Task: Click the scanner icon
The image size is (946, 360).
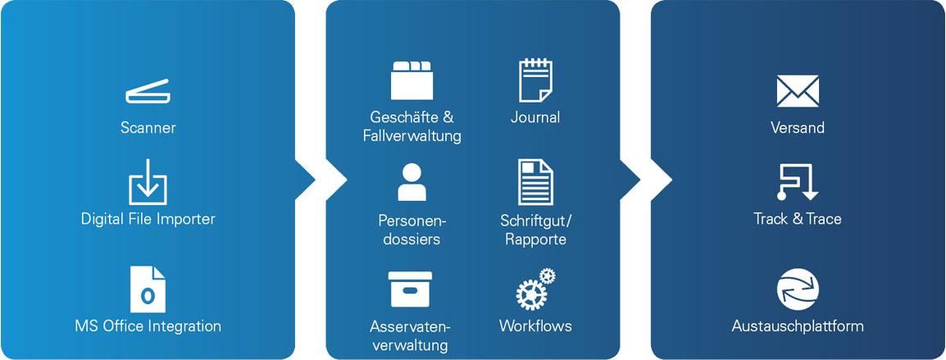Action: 148,92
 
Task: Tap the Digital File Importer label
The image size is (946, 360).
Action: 148,219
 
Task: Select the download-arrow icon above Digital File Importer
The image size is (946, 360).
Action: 148,182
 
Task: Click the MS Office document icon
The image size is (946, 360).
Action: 148,288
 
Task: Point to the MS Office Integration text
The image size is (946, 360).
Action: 148,326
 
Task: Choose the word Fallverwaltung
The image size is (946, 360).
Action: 412,136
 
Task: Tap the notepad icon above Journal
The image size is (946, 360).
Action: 535,80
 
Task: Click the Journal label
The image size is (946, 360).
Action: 535,117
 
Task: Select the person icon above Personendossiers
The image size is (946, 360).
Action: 412,183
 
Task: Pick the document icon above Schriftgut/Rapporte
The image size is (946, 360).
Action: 535,182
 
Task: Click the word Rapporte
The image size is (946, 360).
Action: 535,239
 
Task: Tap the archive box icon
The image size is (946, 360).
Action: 411,289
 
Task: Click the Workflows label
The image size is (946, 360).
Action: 535,326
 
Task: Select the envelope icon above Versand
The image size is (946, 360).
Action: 798,91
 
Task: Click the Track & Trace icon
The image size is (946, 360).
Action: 797,182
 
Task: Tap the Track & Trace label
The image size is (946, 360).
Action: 798,219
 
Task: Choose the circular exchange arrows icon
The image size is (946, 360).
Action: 798,289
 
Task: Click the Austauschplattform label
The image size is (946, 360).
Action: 798,326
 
